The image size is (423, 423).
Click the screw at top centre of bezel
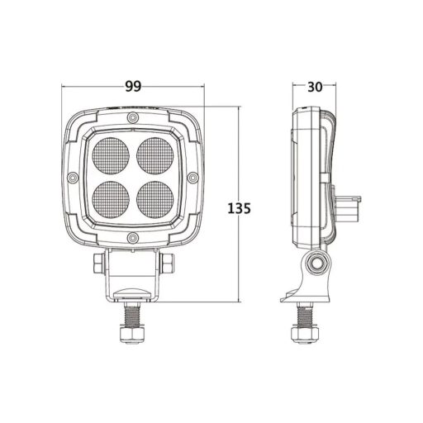click(132, 120)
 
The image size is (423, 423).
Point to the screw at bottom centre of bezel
click(132, 238)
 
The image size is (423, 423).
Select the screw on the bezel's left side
click(73, 178)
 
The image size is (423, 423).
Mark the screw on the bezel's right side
click(191, 178)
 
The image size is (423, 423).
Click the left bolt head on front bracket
click(98, 264)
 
